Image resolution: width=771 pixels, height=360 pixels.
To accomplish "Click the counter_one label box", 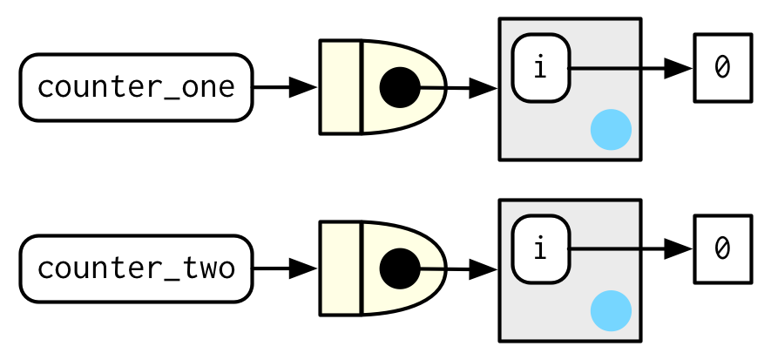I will click(136, 87).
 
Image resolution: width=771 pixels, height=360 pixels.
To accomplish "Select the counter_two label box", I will click(136, 268).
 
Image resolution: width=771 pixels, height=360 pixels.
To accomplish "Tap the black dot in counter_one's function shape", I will click(400, 87).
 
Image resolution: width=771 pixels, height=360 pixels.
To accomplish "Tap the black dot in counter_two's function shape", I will click(400, 268).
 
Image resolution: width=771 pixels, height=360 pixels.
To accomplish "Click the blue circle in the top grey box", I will click(611, 130).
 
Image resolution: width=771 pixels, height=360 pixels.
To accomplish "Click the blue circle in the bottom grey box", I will click(611, 311).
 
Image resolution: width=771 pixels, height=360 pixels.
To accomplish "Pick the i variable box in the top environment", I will click(540, 68).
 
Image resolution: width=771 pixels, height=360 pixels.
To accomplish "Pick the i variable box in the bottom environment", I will click(540, 249).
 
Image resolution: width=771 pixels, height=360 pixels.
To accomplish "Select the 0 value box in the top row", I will click(722, 68).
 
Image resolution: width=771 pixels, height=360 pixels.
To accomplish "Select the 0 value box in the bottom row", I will click(722, 249).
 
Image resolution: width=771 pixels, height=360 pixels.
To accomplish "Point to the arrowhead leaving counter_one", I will click(302, 87).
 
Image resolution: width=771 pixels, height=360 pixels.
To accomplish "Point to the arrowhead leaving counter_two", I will click(302, 268).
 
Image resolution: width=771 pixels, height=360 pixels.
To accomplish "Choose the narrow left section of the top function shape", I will click(341, 87).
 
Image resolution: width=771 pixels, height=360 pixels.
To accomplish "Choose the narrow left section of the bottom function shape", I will click(341, 268).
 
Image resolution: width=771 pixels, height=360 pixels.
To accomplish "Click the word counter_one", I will click(136, 87).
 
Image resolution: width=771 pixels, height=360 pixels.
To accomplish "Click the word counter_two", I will click(136, 268).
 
